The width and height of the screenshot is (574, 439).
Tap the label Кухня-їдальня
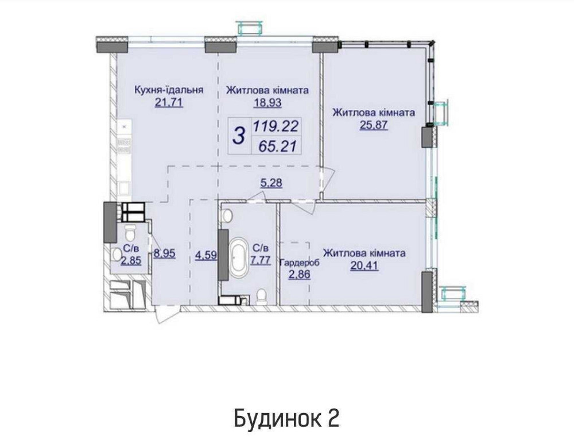point(169,90)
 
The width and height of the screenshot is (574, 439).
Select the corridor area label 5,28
point(272,184)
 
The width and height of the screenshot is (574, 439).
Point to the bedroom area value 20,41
point(364,265)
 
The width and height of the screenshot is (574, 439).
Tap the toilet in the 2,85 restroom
point(129,233)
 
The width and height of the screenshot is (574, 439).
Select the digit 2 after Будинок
point(333,418)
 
